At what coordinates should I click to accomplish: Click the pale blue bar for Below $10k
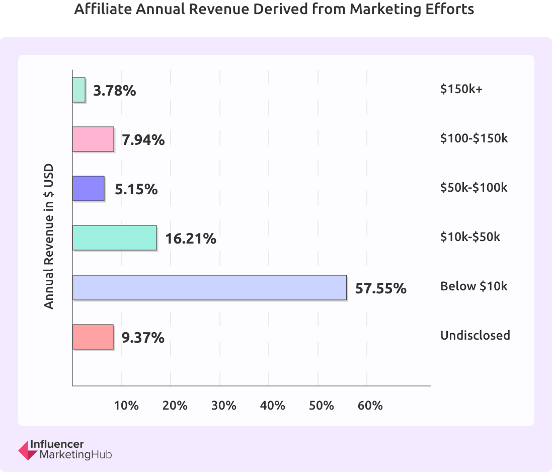[x=209, y=287]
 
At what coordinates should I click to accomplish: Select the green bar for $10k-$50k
[x=114, y=238]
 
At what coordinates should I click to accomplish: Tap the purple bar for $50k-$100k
[x=88, y=188]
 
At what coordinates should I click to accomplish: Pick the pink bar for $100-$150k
[x=93, y=139]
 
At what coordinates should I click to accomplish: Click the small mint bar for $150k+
[x=79, y=90]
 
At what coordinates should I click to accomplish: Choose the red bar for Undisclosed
[x=93, y=337]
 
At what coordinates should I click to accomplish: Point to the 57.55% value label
[x=380, y=288]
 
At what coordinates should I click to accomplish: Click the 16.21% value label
[x=191, y=239]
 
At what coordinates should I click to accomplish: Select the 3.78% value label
[x=115, y=91]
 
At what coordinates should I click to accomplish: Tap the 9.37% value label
[x=143, y=338]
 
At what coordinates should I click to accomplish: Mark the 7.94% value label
[x=143, y=140]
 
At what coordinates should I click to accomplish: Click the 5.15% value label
[x=136, y=189]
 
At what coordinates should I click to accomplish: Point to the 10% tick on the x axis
[x=126, y=405]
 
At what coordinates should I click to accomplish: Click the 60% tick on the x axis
[x=371, y=405]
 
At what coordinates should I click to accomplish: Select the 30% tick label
[x=224, y=405]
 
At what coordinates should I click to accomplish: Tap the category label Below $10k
[x=474, y=286]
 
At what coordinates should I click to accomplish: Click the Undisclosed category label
[x=475, y=336]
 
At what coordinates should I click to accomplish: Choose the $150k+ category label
[x=461, y=89]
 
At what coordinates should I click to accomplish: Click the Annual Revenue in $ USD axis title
[x=49, y=236]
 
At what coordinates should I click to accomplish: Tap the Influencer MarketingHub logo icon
[x=27, y=450]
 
